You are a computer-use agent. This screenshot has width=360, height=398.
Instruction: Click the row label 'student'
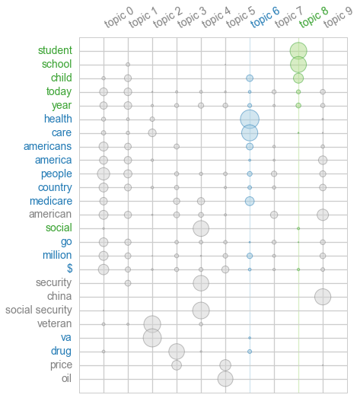(55, 51)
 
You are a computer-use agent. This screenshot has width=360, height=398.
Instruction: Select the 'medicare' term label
(50, 202)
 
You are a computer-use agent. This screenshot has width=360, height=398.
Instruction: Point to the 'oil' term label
(66, 379)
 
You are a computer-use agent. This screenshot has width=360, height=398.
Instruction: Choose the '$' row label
(69, 269)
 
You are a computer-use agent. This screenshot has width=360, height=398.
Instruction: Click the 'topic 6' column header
(265, 18)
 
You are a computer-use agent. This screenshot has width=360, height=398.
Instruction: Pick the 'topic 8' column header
(314, 18)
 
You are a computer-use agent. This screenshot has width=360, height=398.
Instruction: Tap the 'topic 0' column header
(119, 18)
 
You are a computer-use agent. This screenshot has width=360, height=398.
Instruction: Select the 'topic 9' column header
(338, 18)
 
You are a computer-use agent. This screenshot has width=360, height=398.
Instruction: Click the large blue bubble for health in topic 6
(250, 119)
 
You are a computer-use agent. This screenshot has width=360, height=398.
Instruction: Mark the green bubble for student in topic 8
(298, 51)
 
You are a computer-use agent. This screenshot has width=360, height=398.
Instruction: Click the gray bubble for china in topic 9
(323, 297)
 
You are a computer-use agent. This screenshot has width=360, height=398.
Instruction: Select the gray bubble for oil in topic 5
(225, 379)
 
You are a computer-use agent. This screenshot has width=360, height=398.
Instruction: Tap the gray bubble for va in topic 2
(152, 338)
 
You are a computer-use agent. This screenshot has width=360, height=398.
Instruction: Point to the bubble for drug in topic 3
(177, 352)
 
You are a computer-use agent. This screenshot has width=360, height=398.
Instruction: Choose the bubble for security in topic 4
(201, 283)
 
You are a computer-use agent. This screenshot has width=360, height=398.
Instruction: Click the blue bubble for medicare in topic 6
(250, 201)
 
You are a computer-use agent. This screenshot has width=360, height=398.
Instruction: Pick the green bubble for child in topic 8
(298, 78)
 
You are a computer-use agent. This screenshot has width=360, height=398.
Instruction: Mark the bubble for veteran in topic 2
(152, 324)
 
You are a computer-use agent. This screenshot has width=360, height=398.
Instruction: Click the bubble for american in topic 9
(323, 215)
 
